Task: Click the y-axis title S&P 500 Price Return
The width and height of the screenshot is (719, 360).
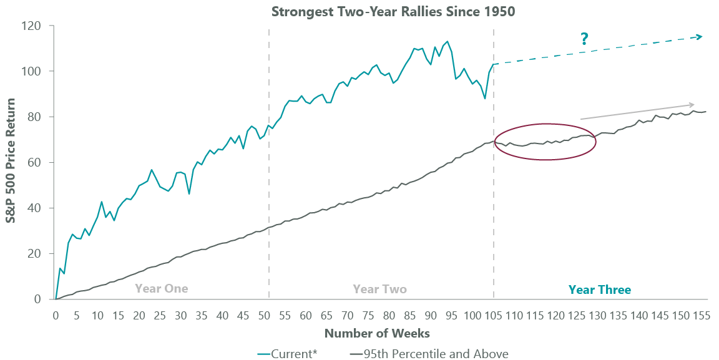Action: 12,162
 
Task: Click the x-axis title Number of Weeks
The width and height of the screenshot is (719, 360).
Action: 377,333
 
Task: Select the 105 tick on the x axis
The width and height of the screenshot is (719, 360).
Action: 495,316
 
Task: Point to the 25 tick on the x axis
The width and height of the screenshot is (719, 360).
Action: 160,316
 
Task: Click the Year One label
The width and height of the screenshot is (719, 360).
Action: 161,289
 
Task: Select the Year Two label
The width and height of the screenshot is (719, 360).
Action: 379,289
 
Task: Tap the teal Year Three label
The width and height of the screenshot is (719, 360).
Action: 599,289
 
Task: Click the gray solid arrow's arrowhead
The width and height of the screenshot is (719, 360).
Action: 692,104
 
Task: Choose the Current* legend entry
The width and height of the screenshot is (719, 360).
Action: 287,354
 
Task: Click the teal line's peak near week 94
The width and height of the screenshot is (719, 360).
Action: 447,42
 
